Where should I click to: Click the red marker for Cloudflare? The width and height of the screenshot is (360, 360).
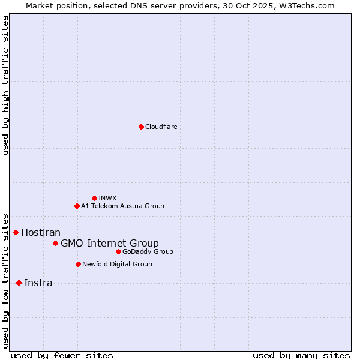[x=141, y=127]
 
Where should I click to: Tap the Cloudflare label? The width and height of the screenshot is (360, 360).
[x=161, y=127]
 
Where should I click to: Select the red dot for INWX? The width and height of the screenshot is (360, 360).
[x=94, y=198]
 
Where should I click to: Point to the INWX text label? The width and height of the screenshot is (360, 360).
[x=108, y=198]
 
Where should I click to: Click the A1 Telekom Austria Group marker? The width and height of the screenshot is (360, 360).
[x=77, y=206]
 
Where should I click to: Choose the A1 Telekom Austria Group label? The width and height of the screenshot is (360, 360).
[x=122, y=206]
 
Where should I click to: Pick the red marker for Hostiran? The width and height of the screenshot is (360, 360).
[x=16, y=232]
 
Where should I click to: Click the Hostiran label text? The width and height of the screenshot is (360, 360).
[x=41, y=232]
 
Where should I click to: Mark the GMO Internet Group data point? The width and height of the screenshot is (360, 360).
[x=55, y=243]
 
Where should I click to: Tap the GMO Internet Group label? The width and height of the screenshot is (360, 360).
[x=110, y=243]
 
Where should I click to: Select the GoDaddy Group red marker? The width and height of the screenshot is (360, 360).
[x=118, y=251]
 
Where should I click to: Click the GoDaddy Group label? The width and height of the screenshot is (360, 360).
[x=148, y=251]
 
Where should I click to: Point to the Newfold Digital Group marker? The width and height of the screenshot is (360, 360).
[x=78, y=264]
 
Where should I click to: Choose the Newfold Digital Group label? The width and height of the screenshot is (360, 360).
[x=117, y=264]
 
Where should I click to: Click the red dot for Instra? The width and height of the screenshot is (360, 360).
[x=19, y=283]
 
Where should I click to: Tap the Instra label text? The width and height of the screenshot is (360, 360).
[x=38, y=283]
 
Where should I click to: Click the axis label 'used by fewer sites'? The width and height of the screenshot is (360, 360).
[x=62, y=355]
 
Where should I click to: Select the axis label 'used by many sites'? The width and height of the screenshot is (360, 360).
[x=301, y=355]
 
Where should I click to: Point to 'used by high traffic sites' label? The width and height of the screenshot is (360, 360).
[x=5, y=85]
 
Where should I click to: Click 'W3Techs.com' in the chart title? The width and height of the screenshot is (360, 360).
[x=305, y=5]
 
